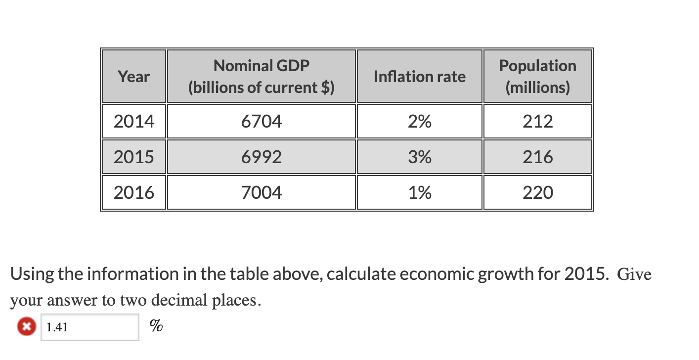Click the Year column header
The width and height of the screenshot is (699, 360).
click(133, 77)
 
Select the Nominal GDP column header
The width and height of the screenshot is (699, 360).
click(262, 77)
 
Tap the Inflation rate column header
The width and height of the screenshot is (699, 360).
click(419, 77)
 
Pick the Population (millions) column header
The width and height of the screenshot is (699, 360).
click(537, 77)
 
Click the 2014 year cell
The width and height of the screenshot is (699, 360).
click(133, 121)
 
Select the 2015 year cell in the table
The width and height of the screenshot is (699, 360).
click(133, 157)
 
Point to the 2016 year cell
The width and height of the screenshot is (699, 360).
click(133, 192)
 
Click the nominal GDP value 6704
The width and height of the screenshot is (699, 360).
click(262, 121)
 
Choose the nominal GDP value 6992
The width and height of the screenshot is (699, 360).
click(262, 157)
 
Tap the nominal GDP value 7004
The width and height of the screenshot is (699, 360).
click(262, 192)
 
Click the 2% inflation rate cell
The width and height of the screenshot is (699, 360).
click(419, 121)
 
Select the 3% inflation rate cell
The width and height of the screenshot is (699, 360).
click(419, 157)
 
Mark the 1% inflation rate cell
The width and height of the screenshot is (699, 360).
click(419, 192)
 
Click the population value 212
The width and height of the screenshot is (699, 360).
click(537, 121)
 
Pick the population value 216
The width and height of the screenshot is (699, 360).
click(537, 157)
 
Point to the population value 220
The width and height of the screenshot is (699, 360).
click(537, 192)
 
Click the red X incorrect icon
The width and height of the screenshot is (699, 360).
click(26, 327)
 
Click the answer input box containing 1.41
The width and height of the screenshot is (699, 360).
click(89, 327)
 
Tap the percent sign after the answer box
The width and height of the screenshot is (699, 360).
click(156, 326)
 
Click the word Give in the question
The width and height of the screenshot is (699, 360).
click(634, 274)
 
